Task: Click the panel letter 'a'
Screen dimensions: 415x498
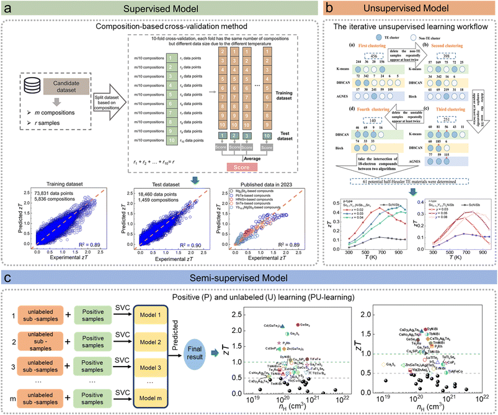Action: tap(9, 11)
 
